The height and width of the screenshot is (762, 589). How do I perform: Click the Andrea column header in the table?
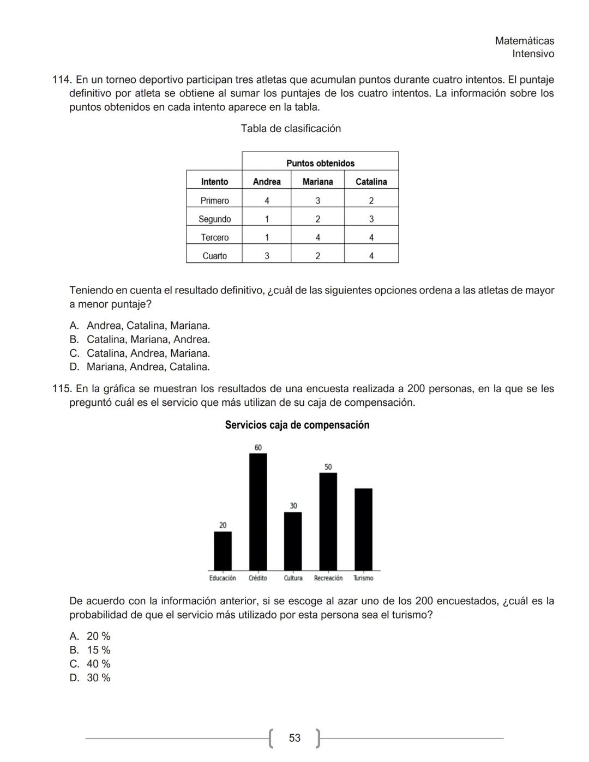[267, 182]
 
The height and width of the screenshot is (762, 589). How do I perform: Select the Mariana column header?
[317, 182]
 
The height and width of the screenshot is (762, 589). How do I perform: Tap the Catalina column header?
[371, 182]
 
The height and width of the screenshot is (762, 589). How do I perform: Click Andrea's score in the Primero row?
[267, 201]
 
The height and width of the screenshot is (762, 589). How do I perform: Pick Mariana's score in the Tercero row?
[317, 237]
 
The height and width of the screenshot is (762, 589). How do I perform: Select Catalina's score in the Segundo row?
[371, 219]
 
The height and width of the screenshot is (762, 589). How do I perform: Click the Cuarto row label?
[214, 256]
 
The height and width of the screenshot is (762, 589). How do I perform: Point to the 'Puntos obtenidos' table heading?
[320, 163]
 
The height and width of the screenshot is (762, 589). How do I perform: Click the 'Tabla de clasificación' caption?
[291, 129]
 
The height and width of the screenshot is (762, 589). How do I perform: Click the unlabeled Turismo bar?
[363, 529]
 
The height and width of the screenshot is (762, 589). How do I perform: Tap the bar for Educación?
[223, 551]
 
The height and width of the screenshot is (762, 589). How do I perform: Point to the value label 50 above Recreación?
[328, 467]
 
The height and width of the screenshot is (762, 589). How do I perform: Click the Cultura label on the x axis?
[293, 578]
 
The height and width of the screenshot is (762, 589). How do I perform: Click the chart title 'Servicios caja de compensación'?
[297, 425]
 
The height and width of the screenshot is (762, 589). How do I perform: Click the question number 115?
[62, 389]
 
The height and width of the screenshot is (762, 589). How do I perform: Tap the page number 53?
[294, 738]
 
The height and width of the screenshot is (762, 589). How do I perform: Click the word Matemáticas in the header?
[524, 41]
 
